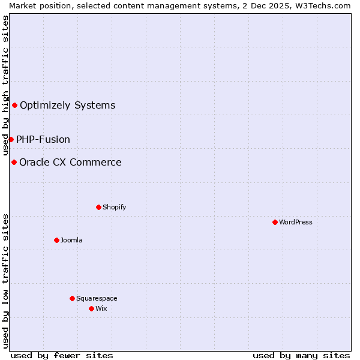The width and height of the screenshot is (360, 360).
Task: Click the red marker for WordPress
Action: click(x=275, y=222)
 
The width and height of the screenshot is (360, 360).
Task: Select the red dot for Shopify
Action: click(x=98, y=207)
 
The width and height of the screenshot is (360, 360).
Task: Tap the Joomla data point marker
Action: click(x=56, y=240)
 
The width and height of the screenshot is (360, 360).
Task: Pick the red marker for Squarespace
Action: click(x=72, y=298)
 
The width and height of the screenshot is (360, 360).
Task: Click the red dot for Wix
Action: click(x=91, y=308)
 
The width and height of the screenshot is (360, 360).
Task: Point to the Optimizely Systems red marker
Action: click(x=14, y=106)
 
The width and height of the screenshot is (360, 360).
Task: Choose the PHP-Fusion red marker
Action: click(x=11, y=139)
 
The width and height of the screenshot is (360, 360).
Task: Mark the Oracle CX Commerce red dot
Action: click(x=14, y=162)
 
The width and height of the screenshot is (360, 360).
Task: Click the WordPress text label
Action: click(x=296, y=222)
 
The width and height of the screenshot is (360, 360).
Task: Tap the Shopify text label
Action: click(x=114, y=207)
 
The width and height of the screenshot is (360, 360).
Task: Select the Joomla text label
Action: click(x=71, y=240)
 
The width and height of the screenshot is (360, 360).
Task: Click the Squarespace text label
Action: click(x=97, y=298)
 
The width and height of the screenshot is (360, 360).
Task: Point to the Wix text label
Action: click(x=101, y=308)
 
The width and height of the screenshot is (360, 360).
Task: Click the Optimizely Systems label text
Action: click(x=67, y=106)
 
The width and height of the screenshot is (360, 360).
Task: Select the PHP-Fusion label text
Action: click(x=43, y=139)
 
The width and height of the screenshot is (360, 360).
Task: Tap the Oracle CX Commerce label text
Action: click(x=70, y=162)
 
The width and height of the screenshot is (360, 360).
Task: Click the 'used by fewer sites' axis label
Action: click(x=62, y=355)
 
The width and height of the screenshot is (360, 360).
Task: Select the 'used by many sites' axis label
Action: click(x=301, y=355)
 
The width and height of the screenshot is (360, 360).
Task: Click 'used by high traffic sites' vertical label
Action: click(x=5, y=86)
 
